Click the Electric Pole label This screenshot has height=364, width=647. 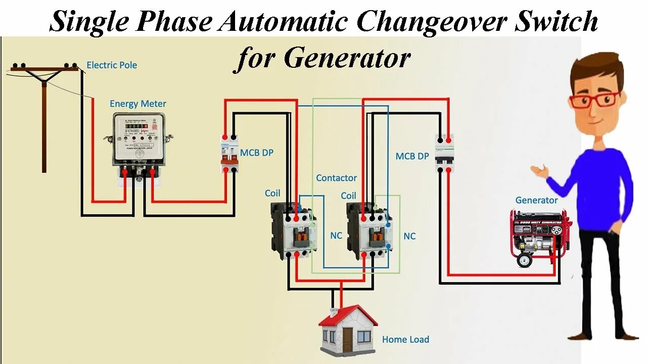pos(112,65)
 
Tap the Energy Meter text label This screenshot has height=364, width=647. pos(138,104)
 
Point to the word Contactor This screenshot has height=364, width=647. pos(336,178)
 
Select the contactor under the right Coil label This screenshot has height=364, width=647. pos(369,231)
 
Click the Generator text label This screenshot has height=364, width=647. pos(536,200)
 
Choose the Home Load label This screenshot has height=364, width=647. pos(405,339)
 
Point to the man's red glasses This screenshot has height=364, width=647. pos(593,100)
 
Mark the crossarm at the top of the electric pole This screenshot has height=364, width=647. pos(44,69)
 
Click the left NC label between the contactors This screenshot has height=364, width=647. pos(336,236)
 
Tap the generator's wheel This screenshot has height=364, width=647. pos(524,260)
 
